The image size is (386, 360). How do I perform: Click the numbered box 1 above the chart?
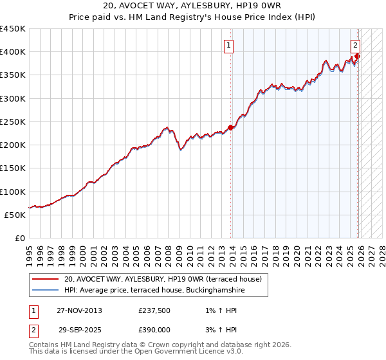229,45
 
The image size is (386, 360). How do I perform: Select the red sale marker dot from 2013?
231,127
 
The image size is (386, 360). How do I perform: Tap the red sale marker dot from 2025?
358,57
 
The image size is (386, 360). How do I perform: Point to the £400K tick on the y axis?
13,52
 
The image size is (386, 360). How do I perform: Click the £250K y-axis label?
13,122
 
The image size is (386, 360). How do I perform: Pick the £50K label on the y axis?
15,215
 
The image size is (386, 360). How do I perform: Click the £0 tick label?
21,238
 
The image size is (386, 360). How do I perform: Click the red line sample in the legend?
45,280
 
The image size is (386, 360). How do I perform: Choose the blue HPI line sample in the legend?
45,291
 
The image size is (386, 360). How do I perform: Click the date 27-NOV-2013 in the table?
79,310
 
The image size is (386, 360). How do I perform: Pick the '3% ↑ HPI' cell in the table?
218,328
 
